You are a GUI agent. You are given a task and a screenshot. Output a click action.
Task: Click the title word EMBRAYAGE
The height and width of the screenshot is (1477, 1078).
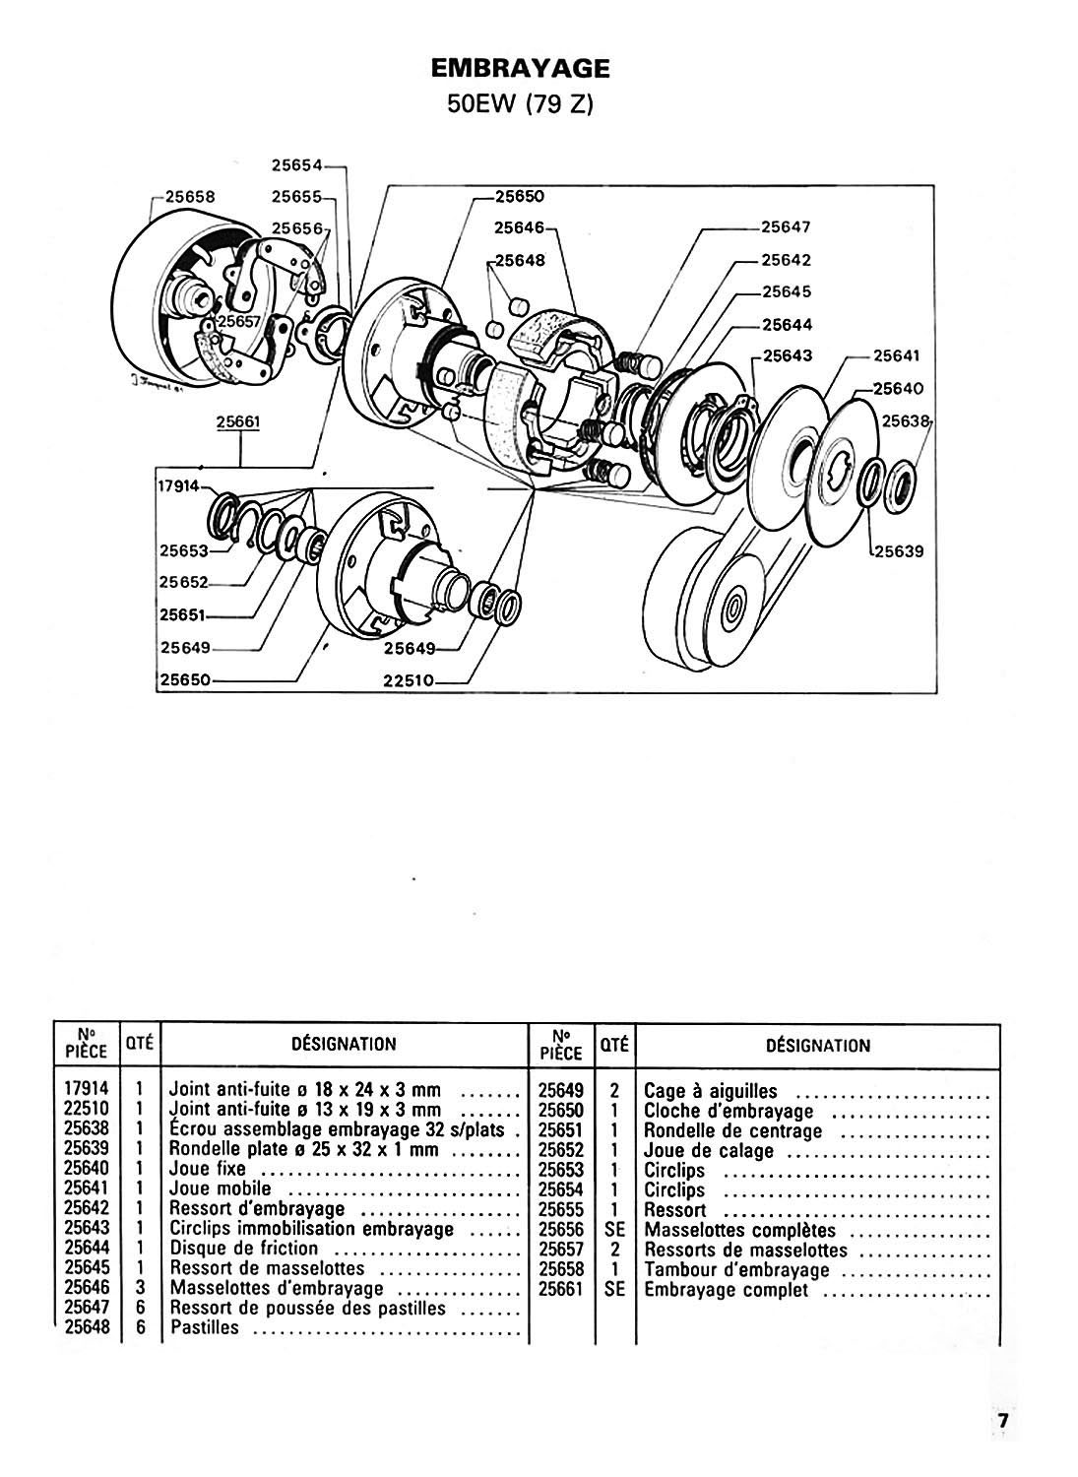520,69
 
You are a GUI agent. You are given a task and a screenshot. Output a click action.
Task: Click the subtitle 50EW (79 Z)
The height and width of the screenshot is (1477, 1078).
520,104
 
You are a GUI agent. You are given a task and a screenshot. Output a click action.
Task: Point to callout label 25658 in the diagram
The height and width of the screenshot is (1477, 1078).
190,197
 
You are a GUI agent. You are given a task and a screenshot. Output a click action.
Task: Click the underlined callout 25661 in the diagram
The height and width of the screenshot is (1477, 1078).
238,422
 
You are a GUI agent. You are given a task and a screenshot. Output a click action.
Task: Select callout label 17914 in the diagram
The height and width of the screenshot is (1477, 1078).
178,486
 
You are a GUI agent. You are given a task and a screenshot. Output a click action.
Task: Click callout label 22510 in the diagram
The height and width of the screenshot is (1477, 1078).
409,679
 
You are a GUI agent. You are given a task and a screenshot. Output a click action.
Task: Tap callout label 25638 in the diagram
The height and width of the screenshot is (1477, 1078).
906,420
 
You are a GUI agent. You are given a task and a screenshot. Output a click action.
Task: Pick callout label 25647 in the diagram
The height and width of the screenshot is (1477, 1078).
786,226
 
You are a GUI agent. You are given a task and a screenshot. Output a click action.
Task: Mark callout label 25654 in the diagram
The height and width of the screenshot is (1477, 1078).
296,164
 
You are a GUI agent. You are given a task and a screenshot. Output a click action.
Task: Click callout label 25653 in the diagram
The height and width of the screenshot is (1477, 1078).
184,550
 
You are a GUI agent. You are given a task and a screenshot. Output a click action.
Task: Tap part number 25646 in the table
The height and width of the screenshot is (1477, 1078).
87,1287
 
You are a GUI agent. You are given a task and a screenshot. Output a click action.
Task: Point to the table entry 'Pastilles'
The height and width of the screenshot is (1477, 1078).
205,1326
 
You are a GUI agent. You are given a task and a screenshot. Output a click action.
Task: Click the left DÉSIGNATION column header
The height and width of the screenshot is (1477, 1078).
344,1044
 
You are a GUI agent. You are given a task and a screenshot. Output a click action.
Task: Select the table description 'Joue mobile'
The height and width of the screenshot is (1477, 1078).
221,1188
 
